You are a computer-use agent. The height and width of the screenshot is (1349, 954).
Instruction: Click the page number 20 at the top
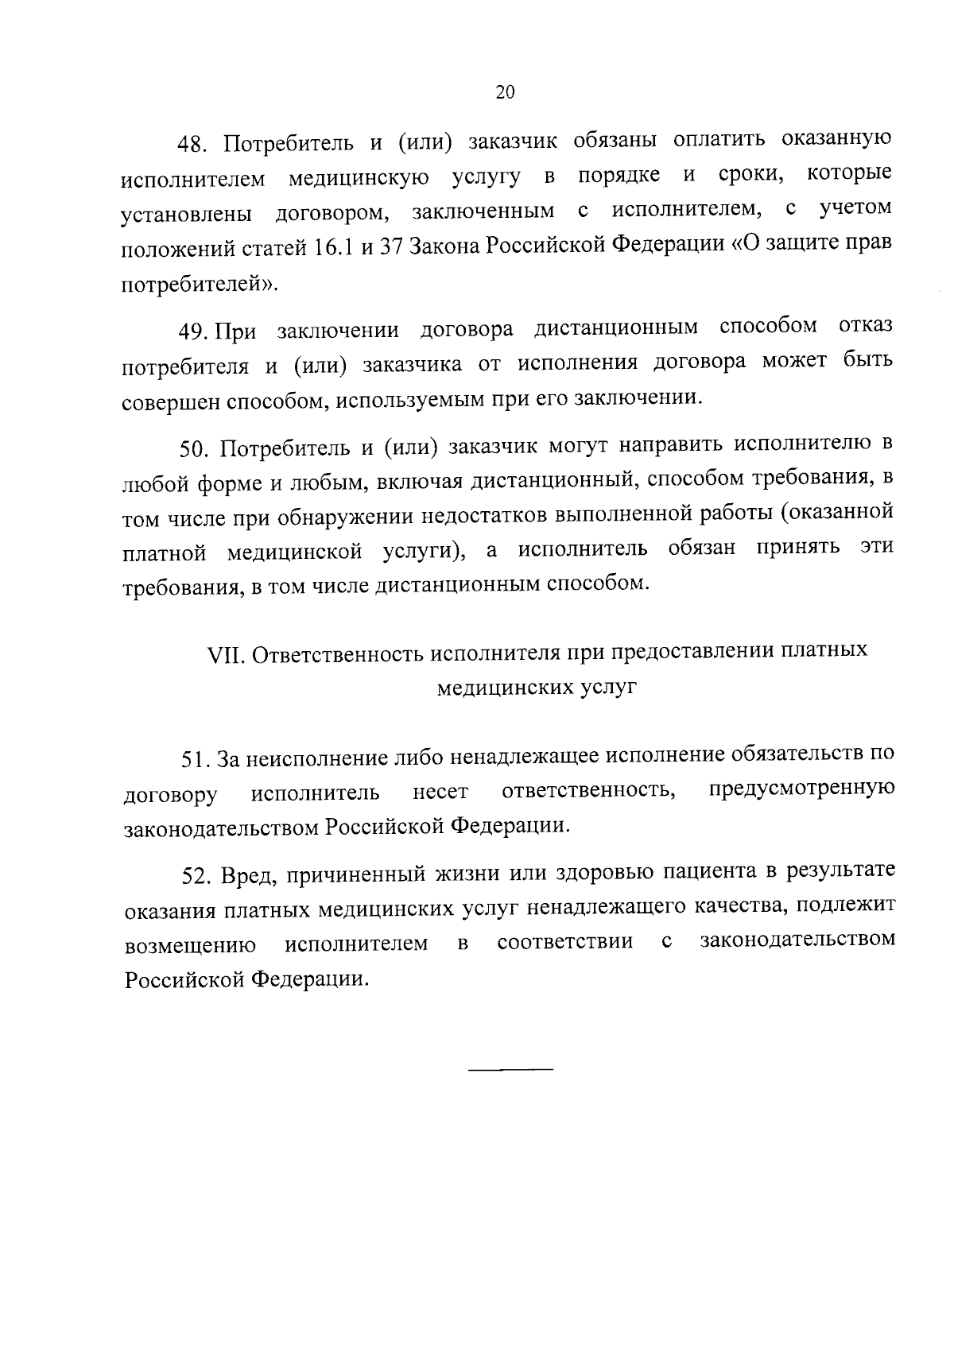click(505, 92)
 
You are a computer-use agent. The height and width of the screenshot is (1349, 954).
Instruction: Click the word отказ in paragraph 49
click(865, 325)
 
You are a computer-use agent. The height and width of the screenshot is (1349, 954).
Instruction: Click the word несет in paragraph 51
click(440, 793)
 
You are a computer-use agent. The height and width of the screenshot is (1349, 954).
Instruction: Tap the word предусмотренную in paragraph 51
click(801, 789)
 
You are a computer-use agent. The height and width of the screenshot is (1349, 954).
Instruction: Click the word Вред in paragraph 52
click(247, 875)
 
